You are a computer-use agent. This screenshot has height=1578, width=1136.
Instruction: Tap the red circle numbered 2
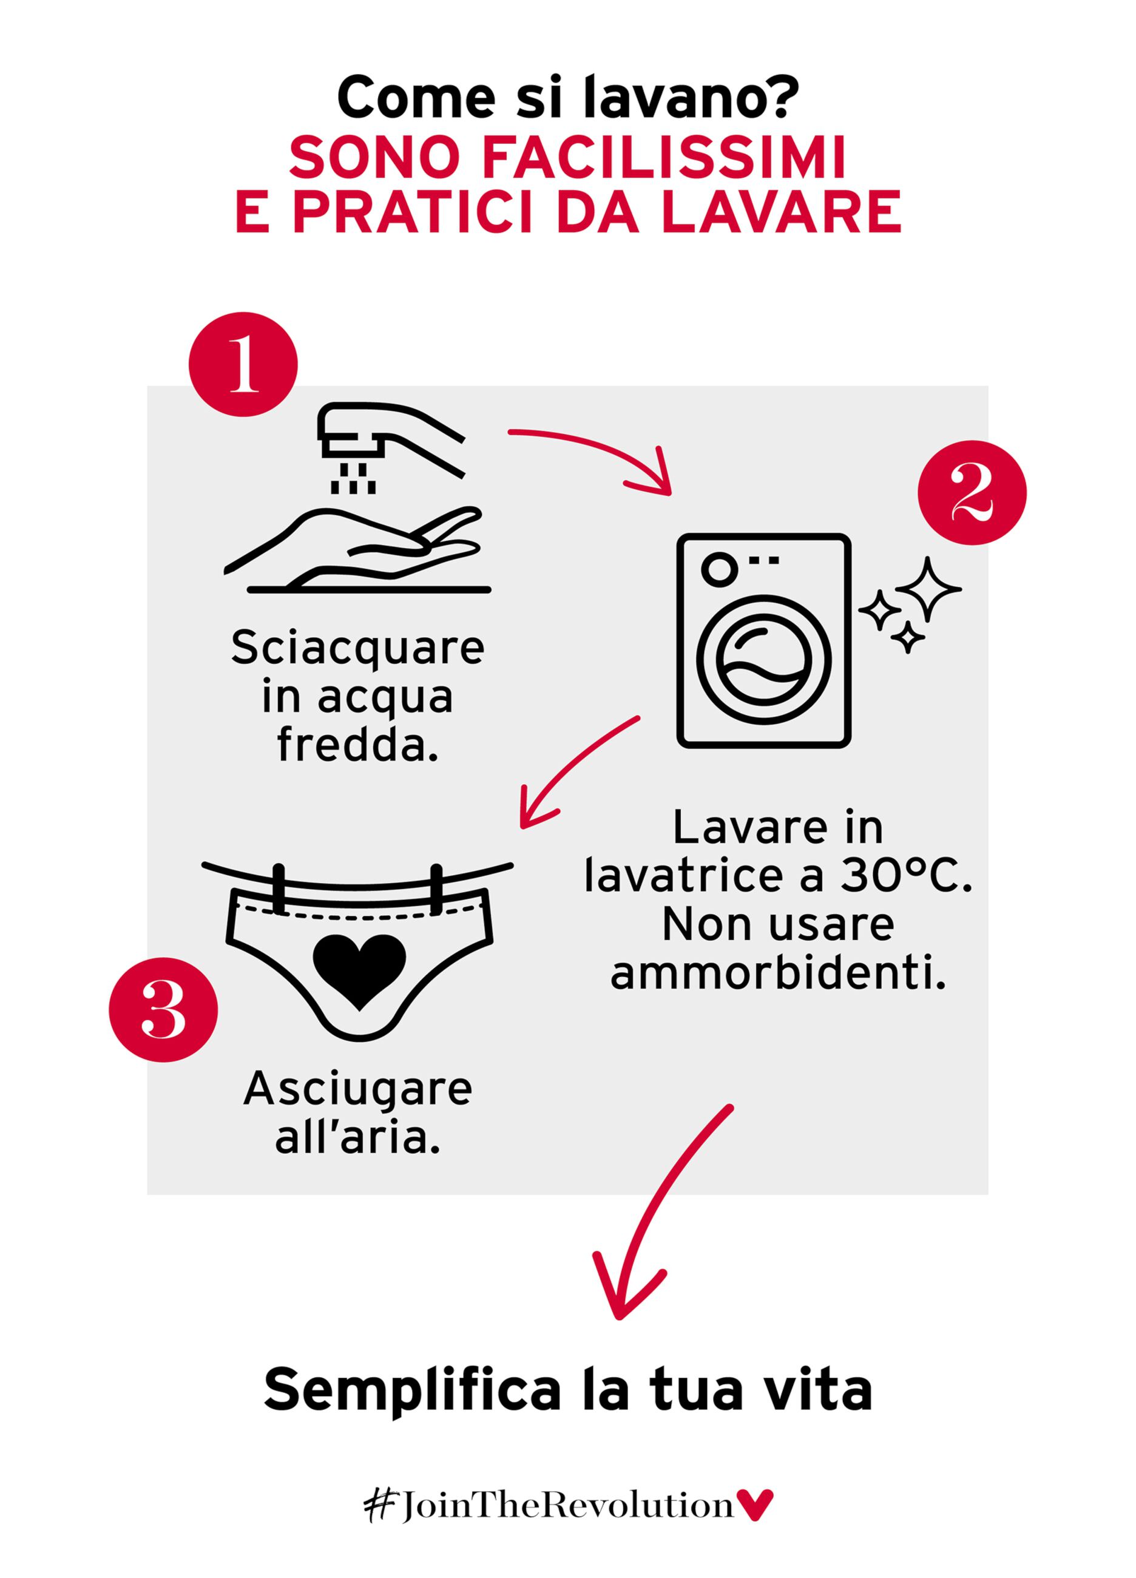pos(973,493)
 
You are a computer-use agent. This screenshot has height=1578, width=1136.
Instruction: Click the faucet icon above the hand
pos(391,447)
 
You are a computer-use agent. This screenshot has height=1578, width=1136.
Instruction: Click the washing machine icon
pos(764,641)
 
